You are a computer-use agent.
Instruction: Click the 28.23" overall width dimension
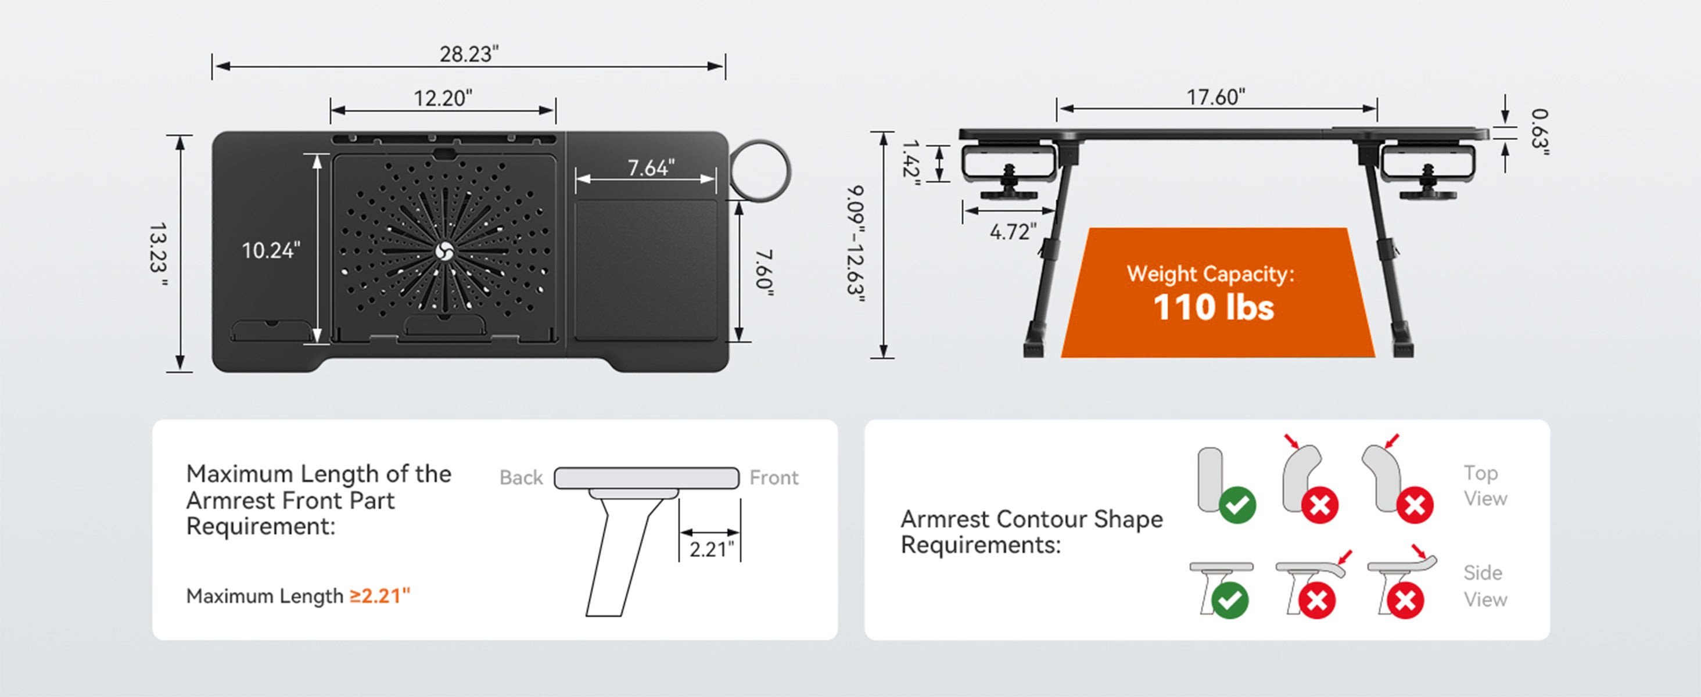point(469,54)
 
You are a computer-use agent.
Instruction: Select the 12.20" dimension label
point(443,98)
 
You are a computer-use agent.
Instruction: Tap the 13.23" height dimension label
point(158,255)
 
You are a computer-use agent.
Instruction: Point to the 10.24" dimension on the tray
point(271,251)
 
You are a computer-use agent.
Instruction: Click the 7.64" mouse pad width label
point(651,168)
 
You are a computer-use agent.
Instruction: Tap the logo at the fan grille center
point(444,252)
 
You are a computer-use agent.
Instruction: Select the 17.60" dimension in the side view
point(1216,97)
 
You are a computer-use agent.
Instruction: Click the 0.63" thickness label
point(1539,132)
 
